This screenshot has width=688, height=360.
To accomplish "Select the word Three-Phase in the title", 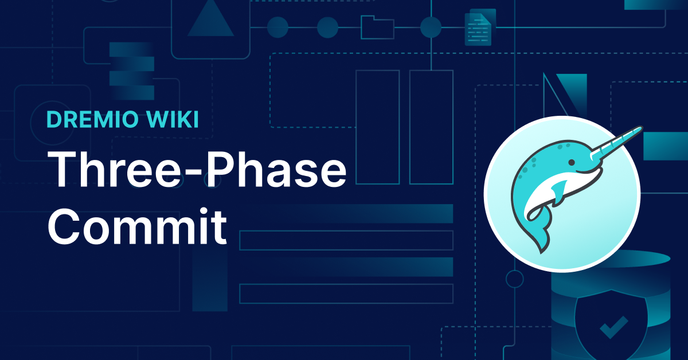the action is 197,169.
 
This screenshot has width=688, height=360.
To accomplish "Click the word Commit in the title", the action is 137,226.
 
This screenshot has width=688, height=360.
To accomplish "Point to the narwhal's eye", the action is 571,162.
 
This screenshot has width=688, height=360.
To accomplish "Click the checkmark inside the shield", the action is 613,327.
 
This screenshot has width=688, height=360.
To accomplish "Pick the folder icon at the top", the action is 377,28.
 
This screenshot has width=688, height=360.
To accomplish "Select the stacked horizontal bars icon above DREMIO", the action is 132,71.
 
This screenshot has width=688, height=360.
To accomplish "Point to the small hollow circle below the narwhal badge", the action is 515,279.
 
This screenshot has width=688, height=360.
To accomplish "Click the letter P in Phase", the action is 218,169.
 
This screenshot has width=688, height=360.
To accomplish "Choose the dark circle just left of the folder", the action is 327,28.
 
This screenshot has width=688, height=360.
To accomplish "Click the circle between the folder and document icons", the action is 431,28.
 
